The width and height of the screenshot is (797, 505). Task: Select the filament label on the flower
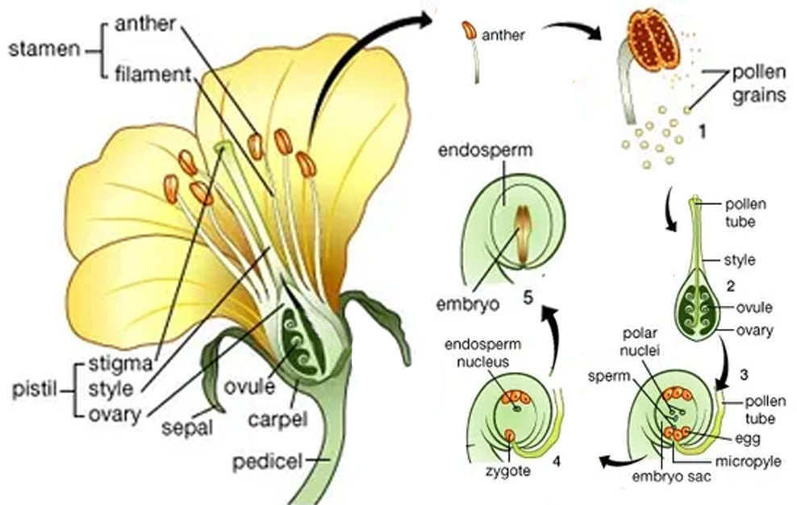coord(150,75)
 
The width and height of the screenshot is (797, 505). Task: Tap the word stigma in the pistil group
coord(121,362)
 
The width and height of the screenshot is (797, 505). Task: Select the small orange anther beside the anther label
coord(468,33)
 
